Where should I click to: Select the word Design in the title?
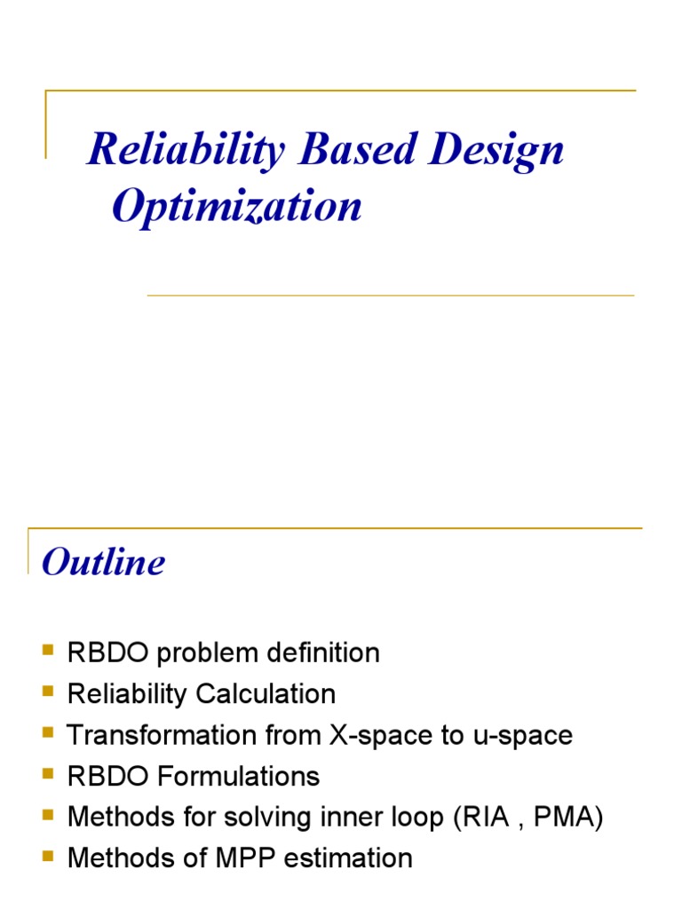(497, 151)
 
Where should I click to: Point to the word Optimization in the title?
(237, 207)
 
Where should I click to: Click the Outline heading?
(104, 562)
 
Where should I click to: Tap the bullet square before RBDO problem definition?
(48, 652)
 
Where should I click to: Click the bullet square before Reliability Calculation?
(48, 692)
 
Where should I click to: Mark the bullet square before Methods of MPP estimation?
(48, 857)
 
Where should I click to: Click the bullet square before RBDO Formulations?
(48, 775)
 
